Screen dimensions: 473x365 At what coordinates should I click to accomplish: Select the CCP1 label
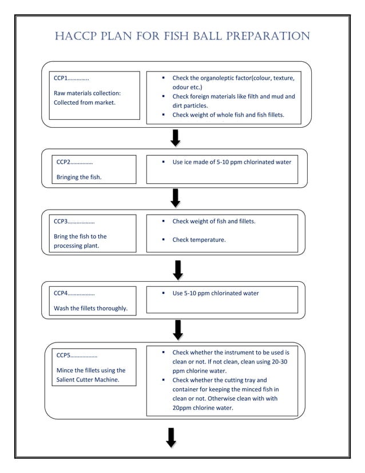(62, 78)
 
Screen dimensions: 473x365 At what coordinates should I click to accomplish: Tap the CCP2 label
(64, 162)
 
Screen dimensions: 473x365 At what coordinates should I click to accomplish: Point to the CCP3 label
(62, 221)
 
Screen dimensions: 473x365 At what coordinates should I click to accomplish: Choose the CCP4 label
(62, 293)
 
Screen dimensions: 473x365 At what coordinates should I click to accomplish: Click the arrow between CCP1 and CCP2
(176, 137)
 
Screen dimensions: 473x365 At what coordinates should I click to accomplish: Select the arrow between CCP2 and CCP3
(176, 198)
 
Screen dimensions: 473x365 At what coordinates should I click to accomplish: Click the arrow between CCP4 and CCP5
(178, 329)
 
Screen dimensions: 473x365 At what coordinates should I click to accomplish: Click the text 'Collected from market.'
(84, 103)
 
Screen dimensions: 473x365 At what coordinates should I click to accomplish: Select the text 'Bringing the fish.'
(79, 177)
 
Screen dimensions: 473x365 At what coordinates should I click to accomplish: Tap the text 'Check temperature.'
(199, 240)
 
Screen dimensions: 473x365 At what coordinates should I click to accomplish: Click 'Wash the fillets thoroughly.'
(90, 309)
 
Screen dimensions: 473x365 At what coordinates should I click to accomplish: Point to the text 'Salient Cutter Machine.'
(88, 380)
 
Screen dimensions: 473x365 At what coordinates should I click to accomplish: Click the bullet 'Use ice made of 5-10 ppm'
(232, 162)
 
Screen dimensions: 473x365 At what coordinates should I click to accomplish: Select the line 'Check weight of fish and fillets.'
(213, 221)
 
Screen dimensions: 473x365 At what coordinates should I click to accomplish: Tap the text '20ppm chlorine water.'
(203, 408)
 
